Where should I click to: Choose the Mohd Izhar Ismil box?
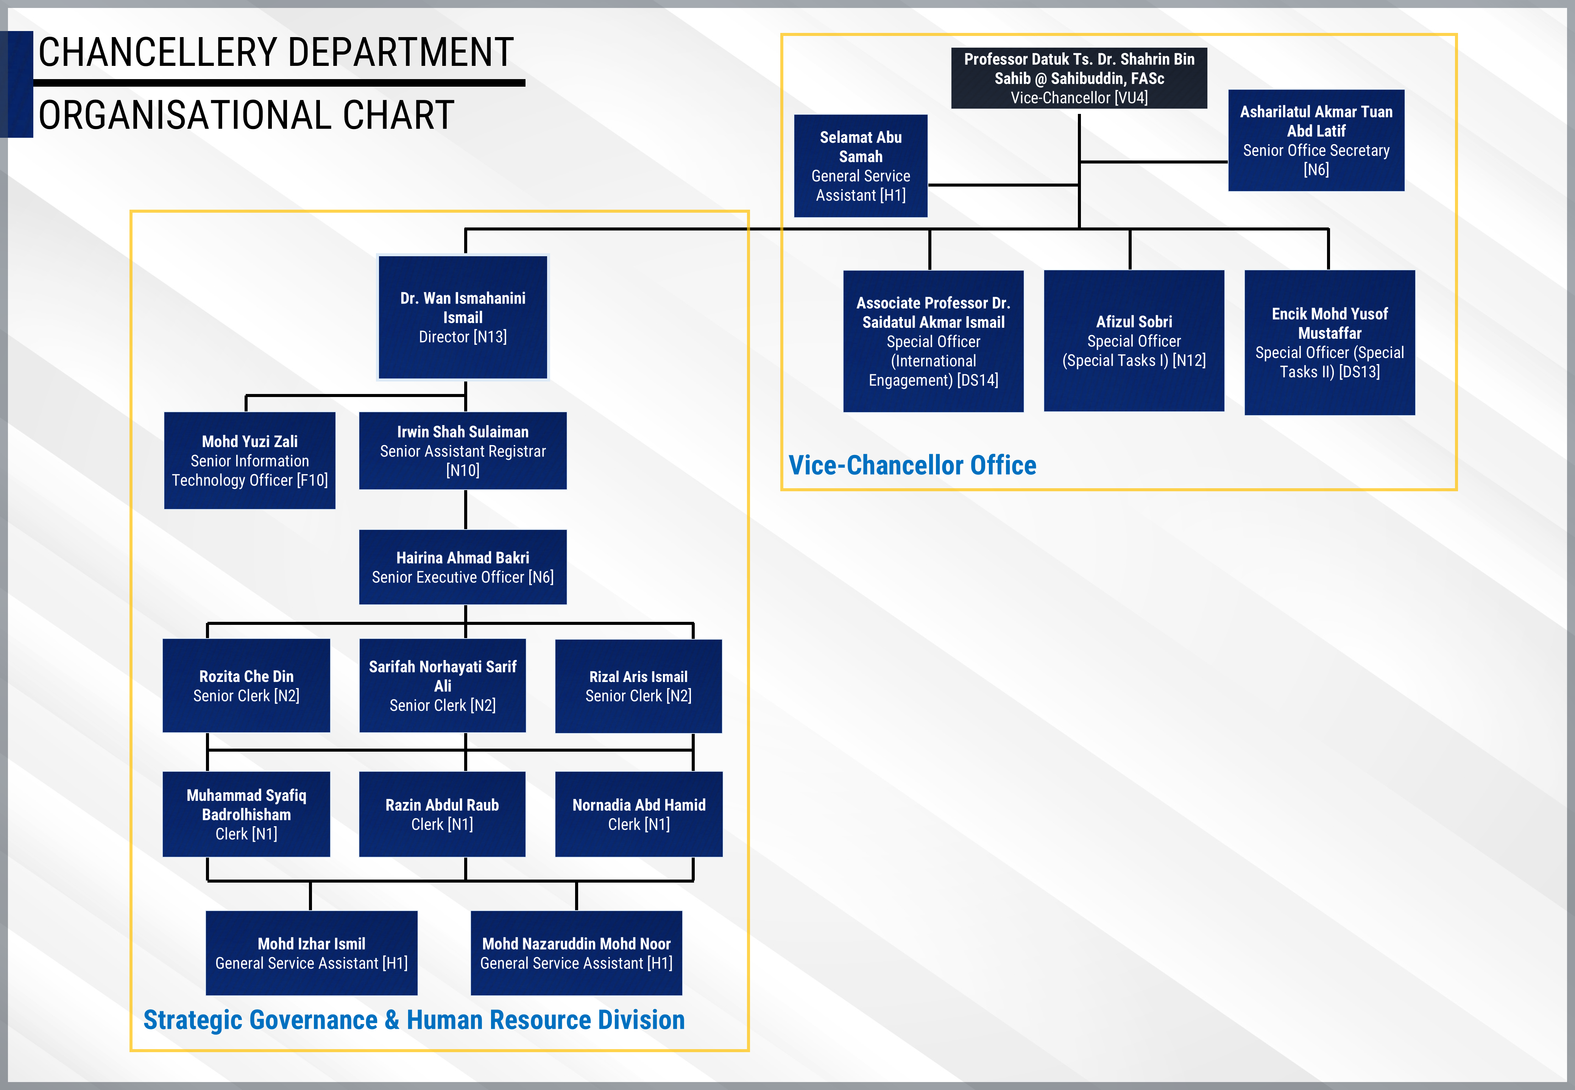pos(312,953)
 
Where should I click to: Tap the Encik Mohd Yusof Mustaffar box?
pos(1329,342)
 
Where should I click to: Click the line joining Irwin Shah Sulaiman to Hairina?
pos(466,509)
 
